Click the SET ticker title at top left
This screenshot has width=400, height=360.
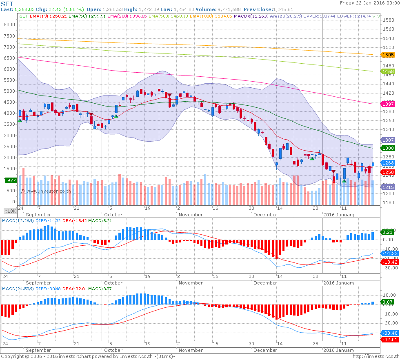coord(7,4)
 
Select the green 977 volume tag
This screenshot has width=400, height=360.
coord(10,180)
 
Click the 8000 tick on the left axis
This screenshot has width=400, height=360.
coord(9,24)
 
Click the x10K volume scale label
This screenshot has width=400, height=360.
coord(10,211)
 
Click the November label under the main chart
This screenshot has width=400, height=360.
coord(191,214)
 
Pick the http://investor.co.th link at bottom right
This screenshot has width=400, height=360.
coord(375,356)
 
